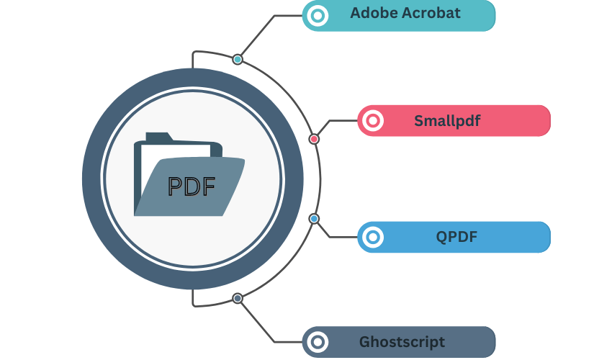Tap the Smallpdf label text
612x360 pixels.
pos(446,120)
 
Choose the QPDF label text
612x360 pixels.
pos(456,236)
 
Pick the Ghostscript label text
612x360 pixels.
pos(402,342)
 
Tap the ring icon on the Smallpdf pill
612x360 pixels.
pos(372,121)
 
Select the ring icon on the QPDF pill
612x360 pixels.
pos(372,237)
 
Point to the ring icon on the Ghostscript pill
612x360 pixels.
pos(317,342)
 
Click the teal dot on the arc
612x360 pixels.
pos(238,59)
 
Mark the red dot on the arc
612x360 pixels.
pos(314,138)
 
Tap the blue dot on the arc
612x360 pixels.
pos(314,218)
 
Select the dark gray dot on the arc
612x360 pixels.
pos(238,298)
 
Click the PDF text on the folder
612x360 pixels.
pos(191,186)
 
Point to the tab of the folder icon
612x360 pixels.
pos(158,137)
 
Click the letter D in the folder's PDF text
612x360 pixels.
pos(192,186)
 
